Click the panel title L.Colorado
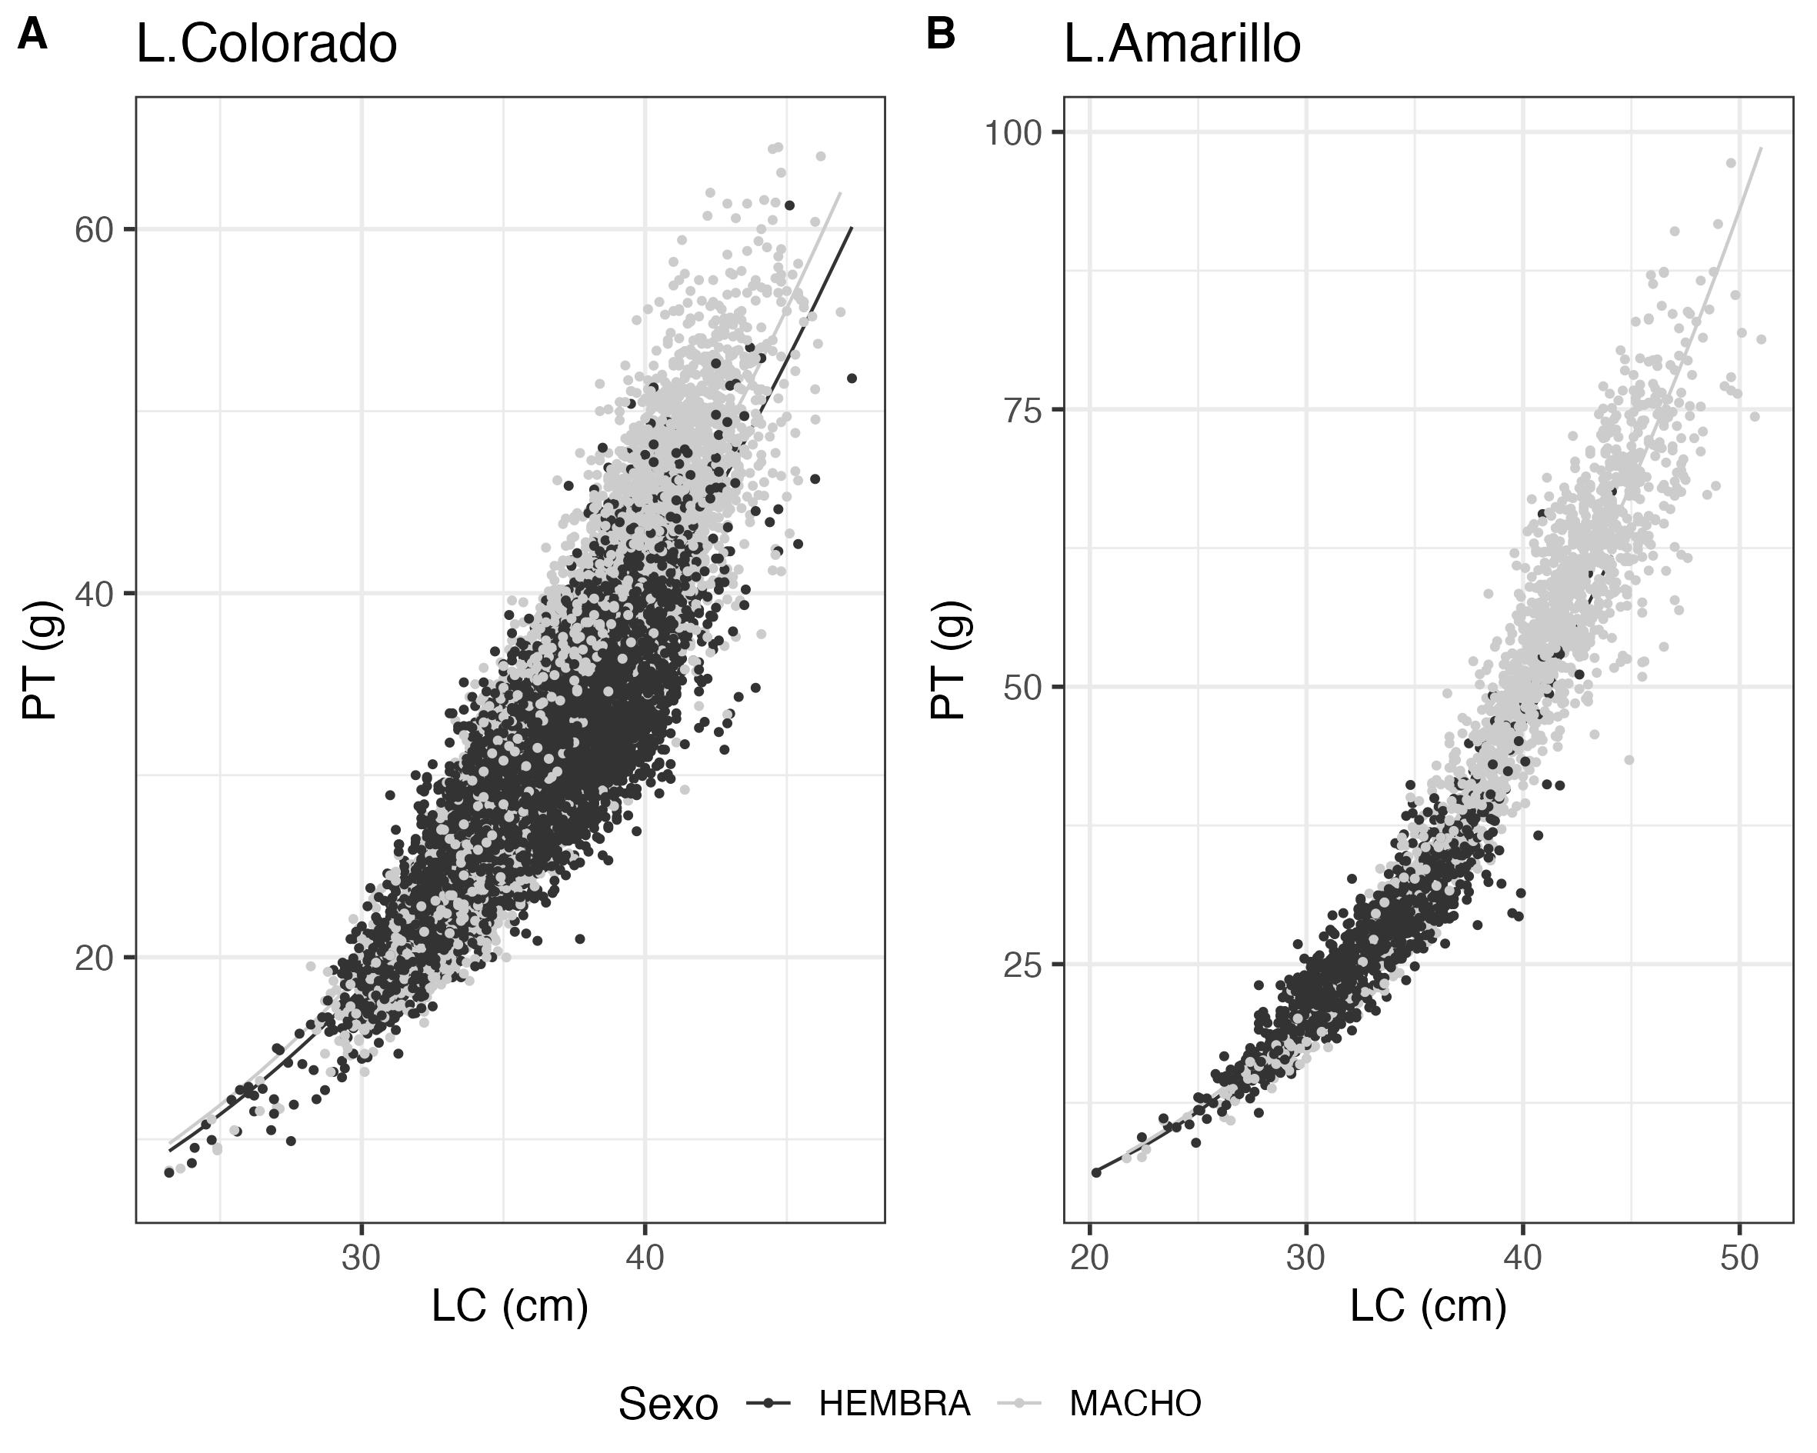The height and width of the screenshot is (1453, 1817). (x=266, y=44)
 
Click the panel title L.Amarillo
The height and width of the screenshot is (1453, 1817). (x=1182, y=44)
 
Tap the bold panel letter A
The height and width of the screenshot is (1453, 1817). (x=32, y=35)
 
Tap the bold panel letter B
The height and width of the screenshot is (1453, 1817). (x=941, y=35)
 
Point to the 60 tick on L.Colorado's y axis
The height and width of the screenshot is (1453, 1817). (x=94, y=229)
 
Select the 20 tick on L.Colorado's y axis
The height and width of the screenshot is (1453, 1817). (x=94, y=958)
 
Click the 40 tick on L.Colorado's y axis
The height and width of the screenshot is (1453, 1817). (x=94, y=594)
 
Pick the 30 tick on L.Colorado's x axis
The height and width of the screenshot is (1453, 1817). (x=362, y=1258)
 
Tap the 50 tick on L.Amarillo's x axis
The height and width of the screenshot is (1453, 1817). (x=1739, y=1258)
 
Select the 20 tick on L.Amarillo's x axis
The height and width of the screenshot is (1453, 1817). (x=1090, y=1258)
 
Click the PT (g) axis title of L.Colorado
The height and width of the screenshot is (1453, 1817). (x=39, y=660)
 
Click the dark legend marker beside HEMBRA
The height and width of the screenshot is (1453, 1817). (x=768, y=1403)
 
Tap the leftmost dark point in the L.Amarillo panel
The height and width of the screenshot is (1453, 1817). (x=1096, y=1172)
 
